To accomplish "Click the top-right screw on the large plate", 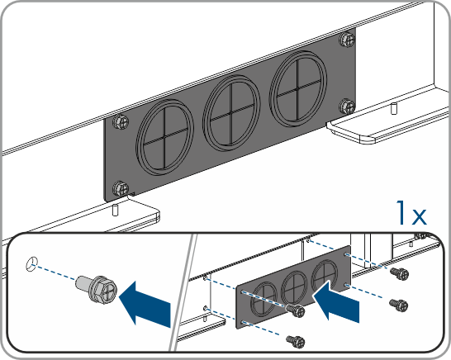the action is [348, 40].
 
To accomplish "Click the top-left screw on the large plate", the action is [121, 122].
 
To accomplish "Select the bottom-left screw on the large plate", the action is [121, 188].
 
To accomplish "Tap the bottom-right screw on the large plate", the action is [347, 107].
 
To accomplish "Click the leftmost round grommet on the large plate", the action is [164, 138].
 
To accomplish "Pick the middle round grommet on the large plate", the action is [231, 113].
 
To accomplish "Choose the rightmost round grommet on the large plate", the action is [298, 89].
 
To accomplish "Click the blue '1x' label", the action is [411, 213].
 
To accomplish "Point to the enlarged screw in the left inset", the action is [97, 288].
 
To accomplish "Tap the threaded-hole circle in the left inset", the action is [31, 264].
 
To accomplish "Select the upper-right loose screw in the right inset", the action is [399, 272].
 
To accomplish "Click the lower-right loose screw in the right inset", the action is [399, 305].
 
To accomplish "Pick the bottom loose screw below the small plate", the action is [296, 341].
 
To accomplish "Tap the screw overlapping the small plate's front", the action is [296, 310].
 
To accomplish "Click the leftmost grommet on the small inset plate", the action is [263, 300].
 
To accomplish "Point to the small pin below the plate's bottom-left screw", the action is [115, 210].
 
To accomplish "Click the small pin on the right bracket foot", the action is [394, 108].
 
